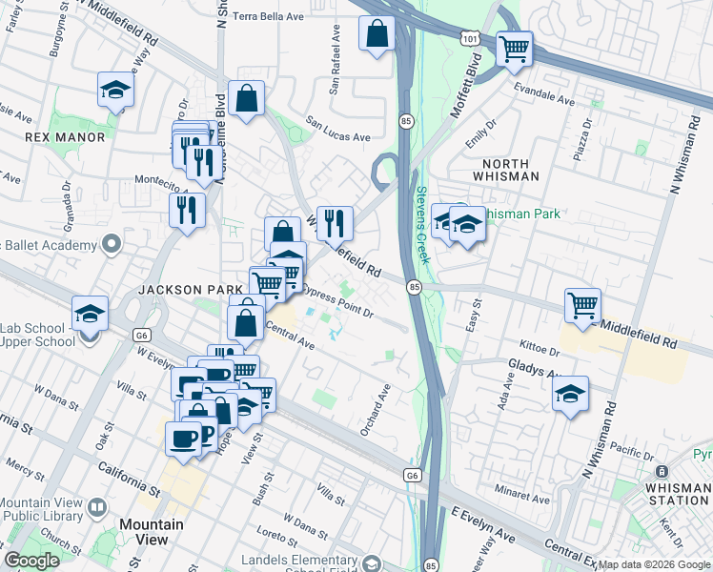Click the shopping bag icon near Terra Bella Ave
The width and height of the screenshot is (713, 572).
pos(377,34)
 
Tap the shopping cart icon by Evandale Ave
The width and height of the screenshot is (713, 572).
pos(515,48)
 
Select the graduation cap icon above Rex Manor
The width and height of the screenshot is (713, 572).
pos(115,91)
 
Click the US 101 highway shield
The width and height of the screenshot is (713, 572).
pos(467,36)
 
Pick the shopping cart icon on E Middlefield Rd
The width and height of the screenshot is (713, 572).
pos(582,306)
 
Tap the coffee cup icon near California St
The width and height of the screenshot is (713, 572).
pos(183,439)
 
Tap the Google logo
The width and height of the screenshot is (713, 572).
pos(31,561)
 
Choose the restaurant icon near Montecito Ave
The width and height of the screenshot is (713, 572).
pos(187,210)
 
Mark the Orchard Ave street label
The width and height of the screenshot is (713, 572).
pos(376,410)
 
